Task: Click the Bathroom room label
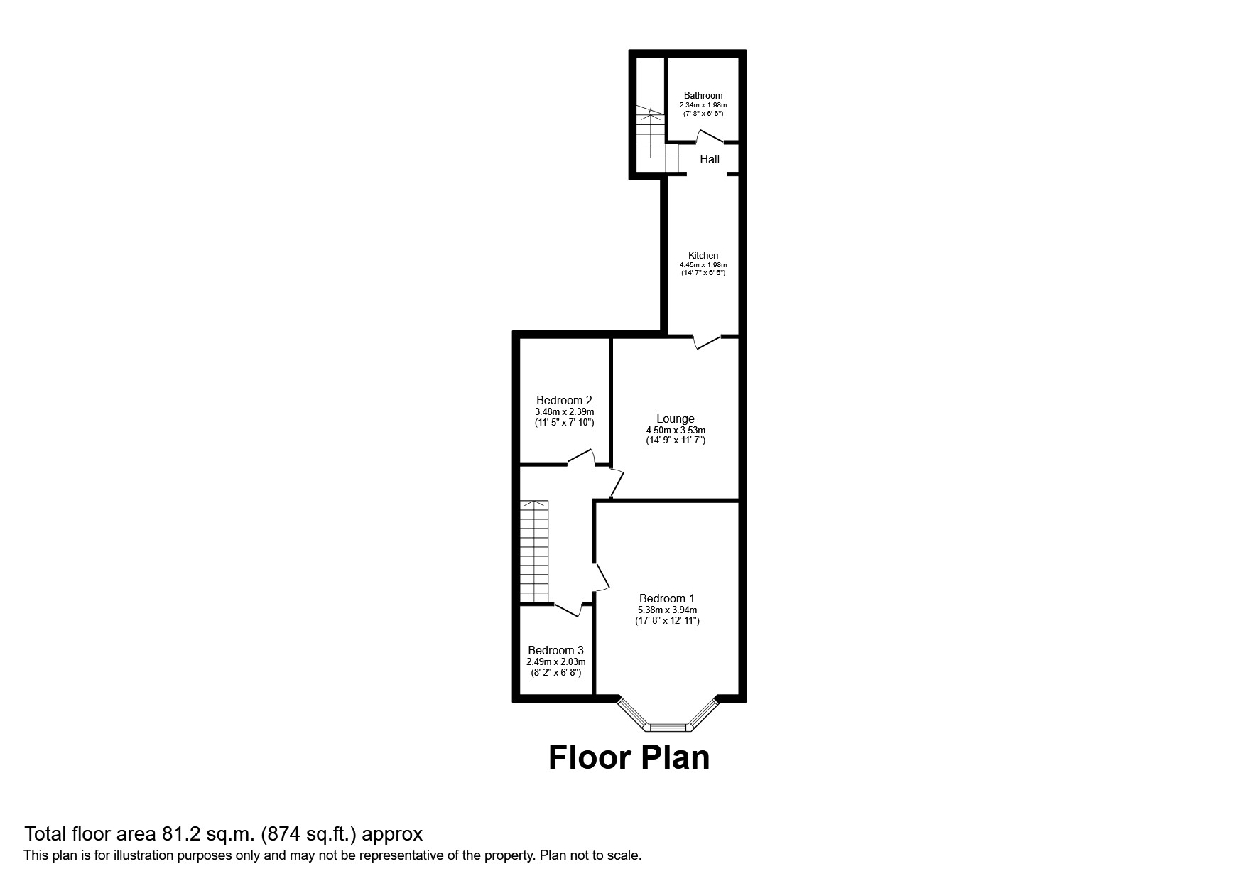[703, 95]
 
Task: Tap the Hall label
[710, 160]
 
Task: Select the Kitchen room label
[703, 255]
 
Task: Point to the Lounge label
[675, 418]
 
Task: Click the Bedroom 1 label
[666, 598]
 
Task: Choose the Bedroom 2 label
[564, 400]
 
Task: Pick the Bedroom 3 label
[555, 650]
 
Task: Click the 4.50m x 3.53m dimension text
[675, 430]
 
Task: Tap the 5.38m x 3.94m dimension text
[666, 610]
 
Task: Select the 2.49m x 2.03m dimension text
[555, 661]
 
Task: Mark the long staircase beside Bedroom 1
[534, 551]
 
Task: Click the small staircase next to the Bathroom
[650, 139]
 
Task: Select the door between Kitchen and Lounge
[707, 341]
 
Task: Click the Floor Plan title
[629, 758]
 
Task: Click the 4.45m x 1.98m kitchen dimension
[703, 264]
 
